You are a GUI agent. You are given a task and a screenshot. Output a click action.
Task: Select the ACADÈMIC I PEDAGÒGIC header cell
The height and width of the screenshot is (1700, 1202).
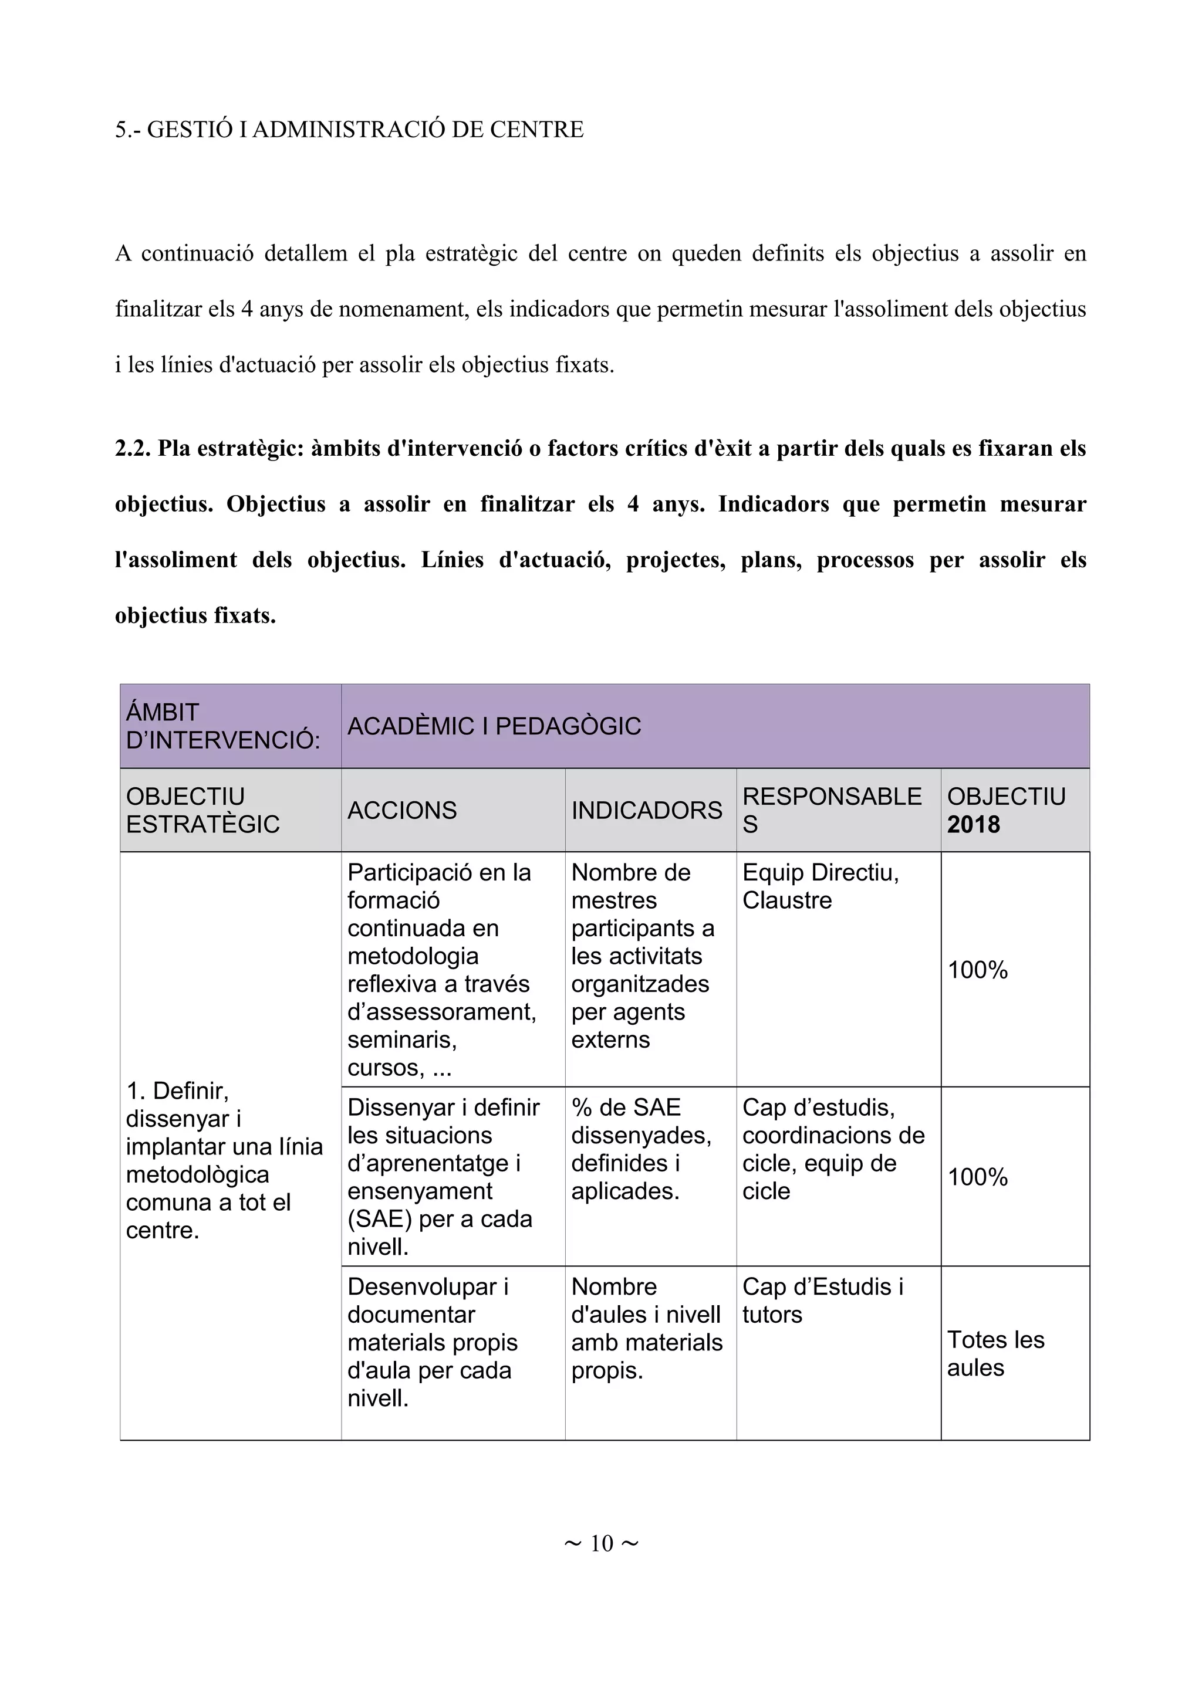[494, 726]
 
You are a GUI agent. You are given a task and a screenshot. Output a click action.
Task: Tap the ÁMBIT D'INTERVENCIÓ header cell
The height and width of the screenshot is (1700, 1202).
[223, 726]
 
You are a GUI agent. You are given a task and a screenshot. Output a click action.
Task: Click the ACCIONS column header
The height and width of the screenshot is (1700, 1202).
[402, 810]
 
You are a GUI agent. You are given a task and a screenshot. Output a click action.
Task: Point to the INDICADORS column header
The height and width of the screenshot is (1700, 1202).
[647, 810]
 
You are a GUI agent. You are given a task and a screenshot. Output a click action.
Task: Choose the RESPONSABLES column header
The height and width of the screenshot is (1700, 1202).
[832, 810]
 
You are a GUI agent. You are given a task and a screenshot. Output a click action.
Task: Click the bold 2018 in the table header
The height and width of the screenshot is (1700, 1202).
[973, 824]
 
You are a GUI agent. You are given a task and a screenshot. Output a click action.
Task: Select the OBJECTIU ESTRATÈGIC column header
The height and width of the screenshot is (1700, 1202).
[203, 810]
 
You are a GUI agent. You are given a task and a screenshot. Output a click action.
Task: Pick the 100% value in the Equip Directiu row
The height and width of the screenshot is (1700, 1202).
[978, 970]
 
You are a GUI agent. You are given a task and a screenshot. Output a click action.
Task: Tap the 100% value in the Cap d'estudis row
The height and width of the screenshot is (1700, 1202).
[978, 1177]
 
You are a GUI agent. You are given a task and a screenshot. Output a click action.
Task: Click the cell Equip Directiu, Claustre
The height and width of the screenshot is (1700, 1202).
[821, 886]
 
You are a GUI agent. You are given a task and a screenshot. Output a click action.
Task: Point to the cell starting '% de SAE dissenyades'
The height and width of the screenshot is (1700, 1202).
[641, 1149]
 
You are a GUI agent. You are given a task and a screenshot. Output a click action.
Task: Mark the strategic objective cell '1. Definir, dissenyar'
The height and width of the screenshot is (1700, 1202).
[224, 1160]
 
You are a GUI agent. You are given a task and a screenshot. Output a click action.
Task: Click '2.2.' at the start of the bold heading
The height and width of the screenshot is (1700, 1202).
[133, 449]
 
